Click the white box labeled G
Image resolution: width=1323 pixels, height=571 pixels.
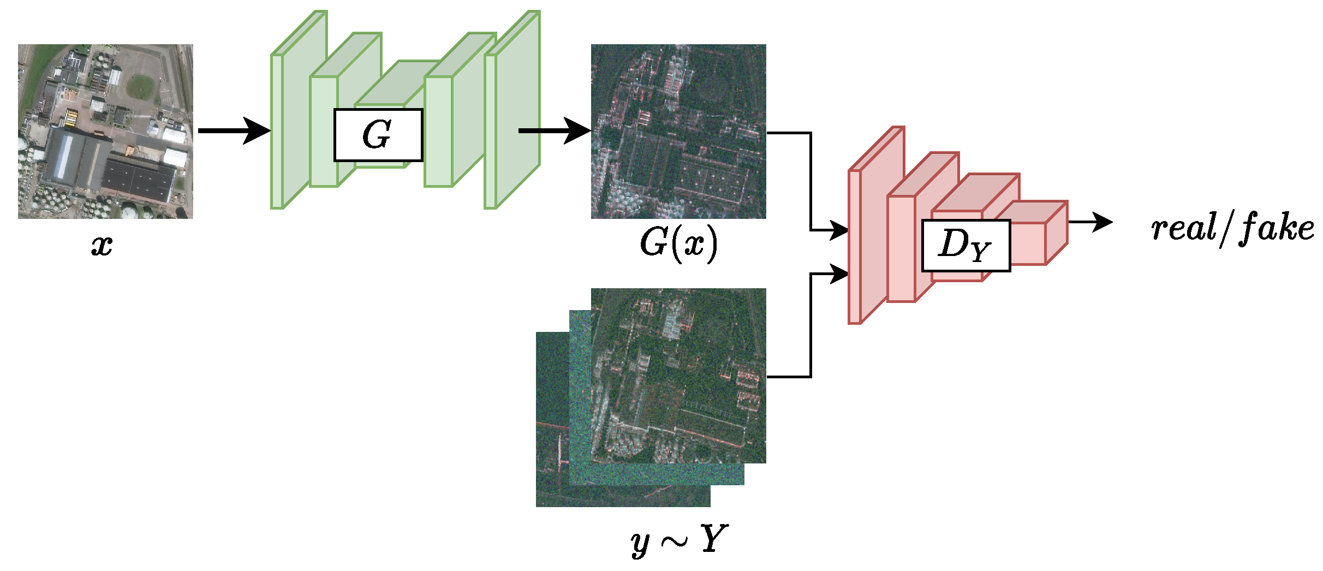coord(378,135)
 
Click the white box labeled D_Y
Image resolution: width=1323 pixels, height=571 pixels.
coord(966,245)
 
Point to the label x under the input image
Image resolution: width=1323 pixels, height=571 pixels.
coord(102,245)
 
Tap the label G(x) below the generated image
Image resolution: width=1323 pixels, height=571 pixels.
coord(678,243)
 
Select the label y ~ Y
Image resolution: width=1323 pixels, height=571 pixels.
coord(678,540)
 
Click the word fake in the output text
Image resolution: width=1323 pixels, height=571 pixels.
coord(1277,228)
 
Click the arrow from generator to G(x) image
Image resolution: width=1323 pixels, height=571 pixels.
coord(554,131)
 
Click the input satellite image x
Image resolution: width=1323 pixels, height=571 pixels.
coord(105,132)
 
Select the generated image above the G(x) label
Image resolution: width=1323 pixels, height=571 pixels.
coord(678,132)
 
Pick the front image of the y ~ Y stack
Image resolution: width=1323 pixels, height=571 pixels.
coord(678,376)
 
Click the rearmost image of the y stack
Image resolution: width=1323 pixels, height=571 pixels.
coord(551,437)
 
